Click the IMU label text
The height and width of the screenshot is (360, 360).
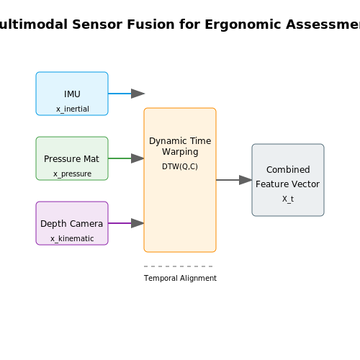(x=72, y=94)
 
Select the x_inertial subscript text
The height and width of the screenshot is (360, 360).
(x=73, y=109)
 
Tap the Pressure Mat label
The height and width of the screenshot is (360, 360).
(x=71, y=159)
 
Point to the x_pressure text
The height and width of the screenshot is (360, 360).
(x=72, y=174)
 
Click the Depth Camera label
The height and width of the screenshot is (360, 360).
(x=71, y=224)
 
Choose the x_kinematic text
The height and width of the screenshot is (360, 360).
(x=72, y=238)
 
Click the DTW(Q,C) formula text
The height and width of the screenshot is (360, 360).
(x=180, y=166)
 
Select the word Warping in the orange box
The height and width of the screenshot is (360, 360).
(x=180, y=152)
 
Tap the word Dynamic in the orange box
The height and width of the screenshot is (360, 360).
(x=165, y=141)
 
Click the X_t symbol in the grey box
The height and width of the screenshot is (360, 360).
(x=288, y=199)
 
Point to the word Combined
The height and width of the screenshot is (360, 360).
(x=288, y=170)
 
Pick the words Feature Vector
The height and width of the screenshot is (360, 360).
(x=287, y=184)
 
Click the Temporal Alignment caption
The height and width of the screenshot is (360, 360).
(x=180, y=278)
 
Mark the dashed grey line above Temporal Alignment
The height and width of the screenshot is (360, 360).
(x=179, y=266)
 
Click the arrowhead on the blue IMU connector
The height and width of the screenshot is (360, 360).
(x=138, y=94)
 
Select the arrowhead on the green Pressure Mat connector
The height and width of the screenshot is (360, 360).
(x=138, y=158)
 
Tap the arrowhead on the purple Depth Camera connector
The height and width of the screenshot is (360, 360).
(x=138, y=223)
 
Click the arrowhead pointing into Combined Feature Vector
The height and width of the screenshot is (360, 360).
(x=246, y=180)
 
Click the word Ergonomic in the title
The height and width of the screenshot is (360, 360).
(x=243, y=25)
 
